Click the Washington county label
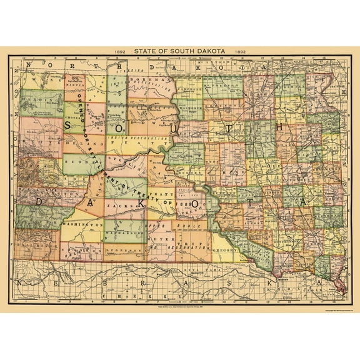pyautogui.click(x=81, y=223)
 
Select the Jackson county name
pyautogui.click(x=122, y=204)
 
